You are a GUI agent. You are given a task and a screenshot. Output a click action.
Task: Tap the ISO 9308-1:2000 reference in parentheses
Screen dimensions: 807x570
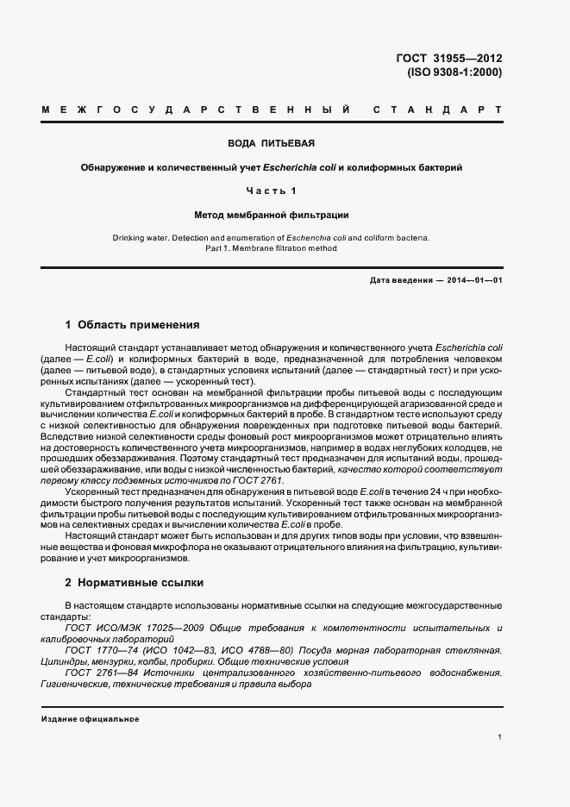point(454,72)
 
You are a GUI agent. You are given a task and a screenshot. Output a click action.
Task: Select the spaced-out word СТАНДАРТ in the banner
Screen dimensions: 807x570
point(437,111)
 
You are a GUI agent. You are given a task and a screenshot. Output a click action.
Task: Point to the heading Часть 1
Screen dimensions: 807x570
point(271,190)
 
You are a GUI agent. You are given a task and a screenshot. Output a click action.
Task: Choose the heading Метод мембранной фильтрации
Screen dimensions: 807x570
point(271,214)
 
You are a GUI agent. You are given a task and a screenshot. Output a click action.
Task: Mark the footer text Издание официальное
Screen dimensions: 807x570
point(90,718)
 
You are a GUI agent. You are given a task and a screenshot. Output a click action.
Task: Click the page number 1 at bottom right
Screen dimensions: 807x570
point(499,737)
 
